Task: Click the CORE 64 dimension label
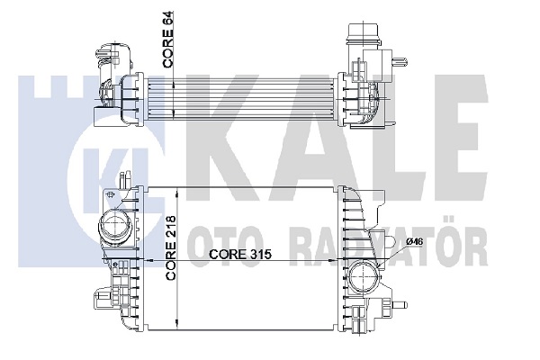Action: click(x=168, y=40)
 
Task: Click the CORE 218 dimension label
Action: click(x=170, y=248)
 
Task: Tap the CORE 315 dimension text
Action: click(x=240, y=254)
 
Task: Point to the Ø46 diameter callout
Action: click(x=414, y=242)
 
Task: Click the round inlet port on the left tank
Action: click(x=115, y=227)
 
